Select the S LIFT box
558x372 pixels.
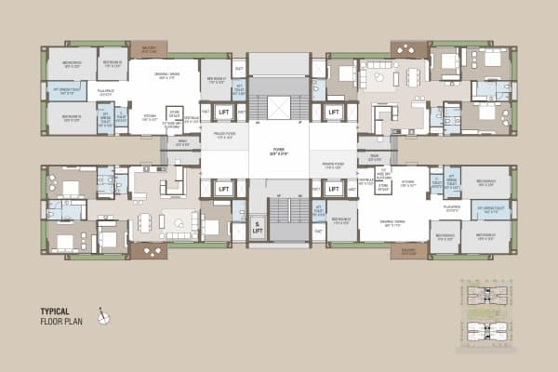[256, 227]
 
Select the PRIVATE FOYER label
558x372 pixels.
[333, 166]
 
